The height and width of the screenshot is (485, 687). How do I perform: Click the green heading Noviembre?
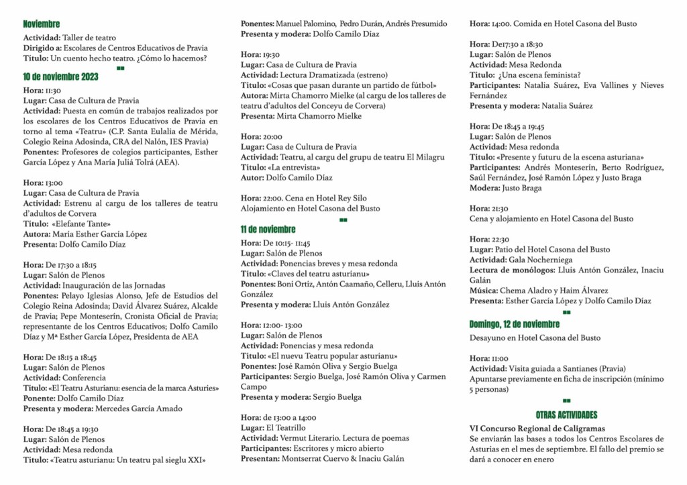(41, 24)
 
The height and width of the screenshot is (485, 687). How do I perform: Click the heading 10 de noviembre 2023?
(60, 76)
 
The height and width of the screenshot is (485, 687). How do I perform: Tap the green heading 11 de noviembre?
(268, 229)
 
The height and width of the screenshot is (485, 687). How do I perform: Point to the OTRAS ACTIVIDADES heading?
(566, 415)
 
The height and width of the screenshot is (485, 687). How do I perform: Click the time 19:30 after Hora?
(271, 54)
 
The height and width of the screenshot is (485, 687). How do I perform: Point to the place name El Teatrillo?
(286, 428)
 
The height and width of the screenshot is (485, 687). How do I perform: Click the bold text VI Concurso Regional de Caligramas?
(537, 428)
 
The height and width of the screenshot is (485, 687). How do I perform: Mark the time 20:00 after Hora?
(272, 136)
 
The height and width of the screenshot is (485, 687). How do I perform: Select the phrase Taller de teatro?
(90, 38)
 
